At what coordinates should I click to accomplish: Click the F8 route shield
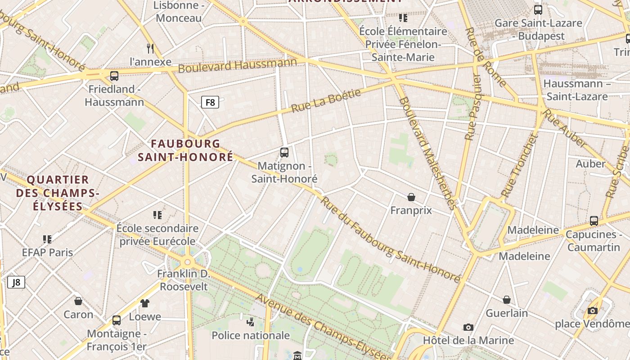point(210,102)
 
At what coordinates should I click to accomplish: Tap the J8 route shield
point(16,282)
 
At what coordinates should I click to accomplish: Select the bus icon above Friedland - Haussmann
point(114,76)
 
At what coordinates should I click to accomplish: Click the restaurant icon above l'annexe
point(150,48)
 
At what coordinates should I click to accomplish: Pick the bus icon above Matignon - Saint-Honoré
point(284,153)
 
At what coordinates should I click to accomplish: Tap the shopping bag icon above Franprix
point(411,197)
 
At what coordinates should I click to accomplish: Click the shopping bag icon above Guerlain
point(507,300)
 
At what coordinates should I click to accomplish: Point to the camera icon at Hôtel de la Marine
point(468,328)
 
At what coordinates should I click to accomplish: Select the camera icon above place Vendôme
point(593,310)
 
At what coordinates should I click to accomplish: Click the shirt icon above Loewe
point(144,303)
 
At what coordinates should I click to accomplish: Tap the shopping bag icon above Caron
point(78,301)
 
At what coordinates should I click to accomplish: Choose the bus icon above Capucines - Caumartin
point(594,221)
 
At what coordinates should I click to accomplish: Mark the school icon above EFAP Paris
point(47,239)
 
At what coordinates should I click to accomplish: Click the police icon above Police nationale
point(251,322)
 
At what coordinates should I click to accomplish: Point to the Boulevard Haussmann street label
point(238,66)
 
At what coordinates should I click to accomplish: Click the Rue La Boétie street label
point(326,101)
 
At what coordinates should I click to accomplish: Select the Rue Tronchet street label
point(519,166)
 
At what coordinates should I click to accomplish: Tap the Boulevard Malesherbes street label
point(427,153)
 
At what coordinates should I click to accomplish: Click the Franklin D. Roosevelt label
point(184,280)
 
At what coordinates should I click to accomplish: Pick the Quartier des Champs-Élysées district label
point(57,193)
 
